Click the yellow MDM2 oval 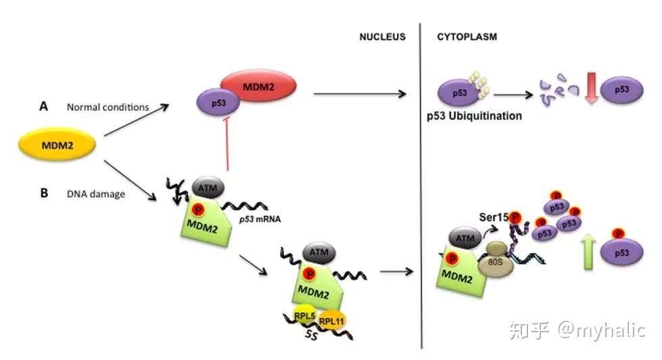coord(57,145)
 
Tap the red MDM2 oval coord(258,86)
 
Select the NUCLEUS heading coord(383,37)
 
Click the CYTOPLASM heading coord(467,37)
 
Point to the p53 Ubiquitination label coord(474,116)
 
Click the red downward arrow coord(592,88)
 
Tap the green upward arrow coord(588,252)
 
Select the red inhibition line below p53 coord(227,143)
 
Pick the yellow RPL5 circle coord(304,315)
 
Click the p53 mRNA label coord(260,219)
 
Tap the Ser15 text coord(494,217)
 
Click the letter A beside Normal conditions coord(43,106)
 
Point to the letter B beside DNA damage coord(44,193)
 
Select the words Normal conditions coord(108,108)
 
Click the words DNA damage coord(96,194)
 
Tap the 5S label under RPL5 coord(312,335)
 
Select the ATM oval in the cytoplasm coord(465,238)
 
